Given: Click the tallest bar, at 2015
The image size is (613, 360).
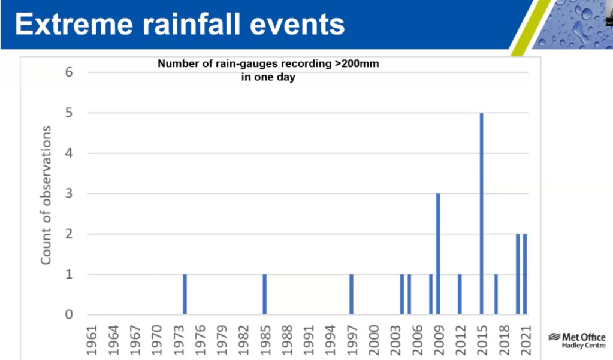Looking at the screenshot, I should (481, 213).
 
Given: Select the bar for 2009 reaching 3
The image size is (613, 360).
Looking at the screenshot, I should (438, 254).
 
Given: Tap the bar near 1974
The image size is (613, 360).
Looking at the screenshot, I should (185, 294).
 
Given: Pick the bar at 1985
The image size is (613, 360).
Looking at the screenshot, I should (264, 294).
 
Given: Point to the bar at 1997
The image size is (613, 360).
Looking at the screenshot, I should (351, 294).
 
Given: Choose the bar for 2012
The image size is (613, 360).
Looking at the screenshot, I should (460, 294).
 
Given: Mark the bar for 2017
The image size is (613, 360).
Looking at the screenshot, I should (496, 294).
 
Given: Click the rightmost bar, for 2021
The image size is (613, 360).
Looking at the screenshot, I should (525, 274).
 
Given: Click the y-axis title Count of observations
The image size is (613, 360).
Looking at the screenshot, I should (46, 195).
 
